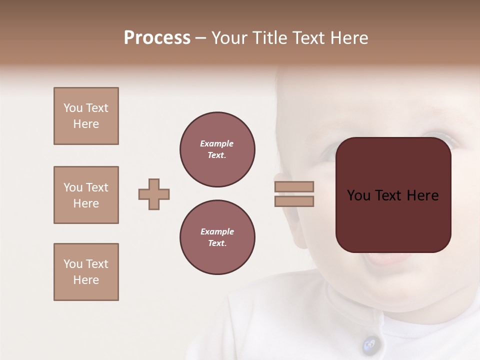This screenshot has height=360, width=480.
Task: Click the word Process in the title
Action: click(x=157, y=38)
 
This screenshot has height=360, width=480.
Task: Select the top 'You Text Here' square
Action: click(x=86, y=116)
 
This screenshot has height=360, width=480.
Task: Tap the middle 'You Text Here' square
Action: click(x=86, y=195)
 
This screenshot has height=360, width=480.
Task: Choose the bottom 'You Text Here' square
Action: click(x=86, y=272)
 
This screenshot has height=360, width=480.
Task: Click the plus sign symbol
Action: click(x=154, y=194)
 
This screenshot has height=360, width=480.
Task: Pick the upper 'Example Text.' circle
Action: click(x=217, y=149)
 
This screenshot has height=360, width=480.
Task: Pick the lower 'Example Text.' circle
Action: click(x=217, y=237)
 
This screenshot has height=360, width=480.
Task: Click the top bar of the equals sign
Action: click(x=294, y=186)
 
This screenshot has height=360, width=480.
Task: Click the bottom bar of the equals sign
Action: click(x=294, y=201)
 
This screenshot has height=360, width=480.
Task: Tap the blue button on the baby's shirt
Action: click(x=369, y=343)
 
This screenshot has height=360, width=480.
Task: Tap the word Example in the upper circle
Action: click(x=217, y=143)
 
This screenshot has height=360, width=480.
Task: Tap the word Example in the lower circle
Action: click(x=217, y=231)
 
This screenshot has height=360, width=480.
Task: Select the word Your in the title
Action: click(x=229, y=38)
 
